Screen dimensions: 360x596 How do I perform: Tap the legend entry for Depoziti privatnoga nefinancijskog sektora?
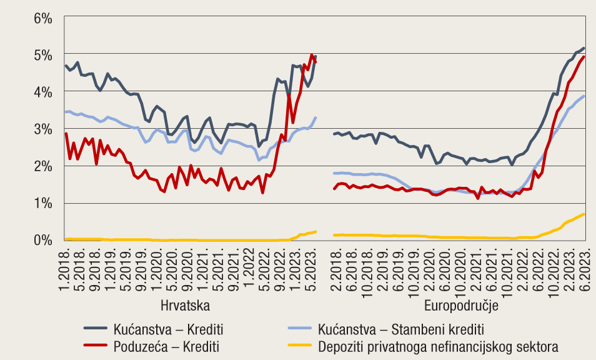coord(438,346)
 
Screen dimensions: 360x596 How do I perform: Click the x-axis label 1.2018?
coord(67,267)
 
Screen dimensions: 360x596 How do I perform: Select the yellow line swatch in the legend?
coord(299,346)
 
